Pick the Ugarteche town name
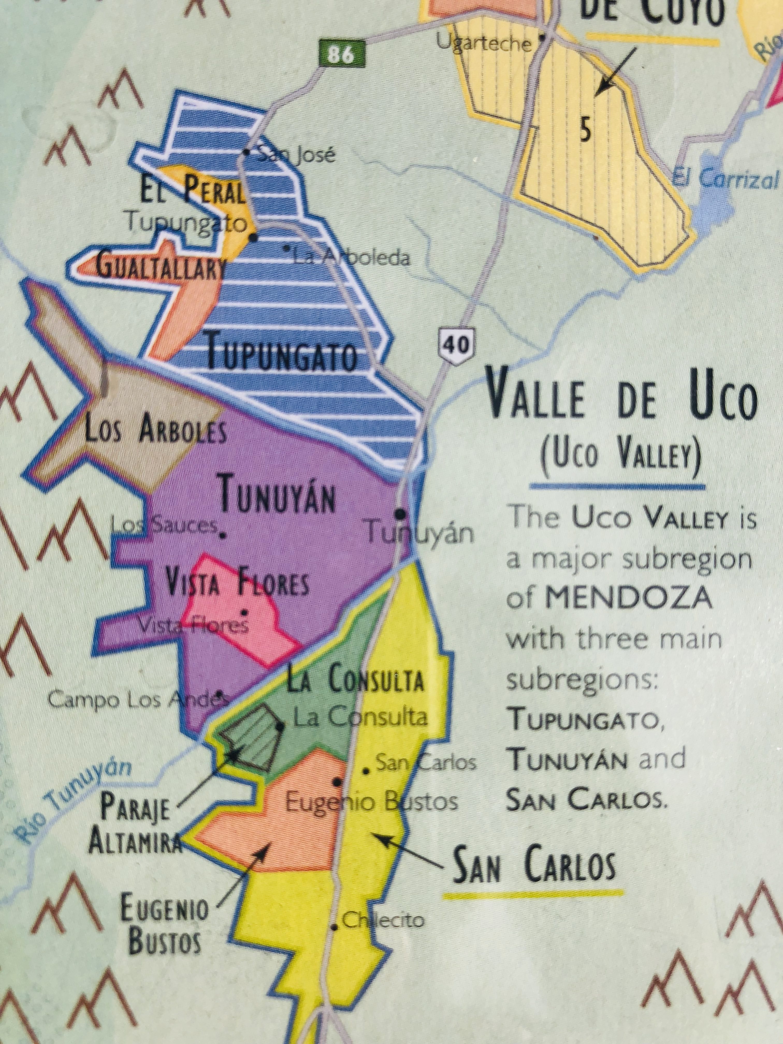[x=484, y=44]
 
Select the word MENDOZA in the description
[x=628, y=598]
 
